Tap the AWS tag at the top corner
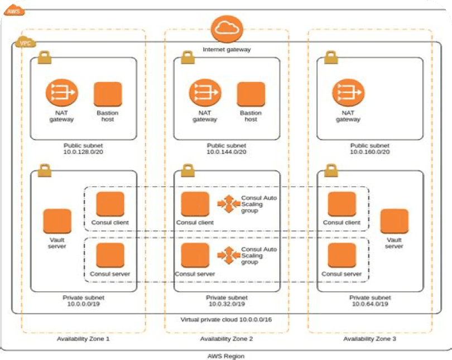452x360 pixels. [x=13, y=11]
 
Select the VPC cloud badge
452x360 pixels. [x=24, y=42]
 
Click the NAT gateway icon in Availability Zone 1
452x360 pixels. [x=61, y=93]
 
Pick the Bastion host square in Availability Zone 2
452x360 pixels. [x=251, y=94]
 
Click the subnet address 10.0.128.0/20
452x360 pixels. [x=83, y=152]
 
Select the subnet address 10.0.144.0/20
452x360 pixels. [x=227, y=152]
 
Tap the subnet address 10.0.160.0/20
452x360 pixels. [x=370, y=152]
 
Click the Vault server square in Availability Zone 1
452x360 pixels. [x=57, y=222]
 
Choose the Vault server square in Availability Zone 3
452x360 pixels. [x=394, y=222]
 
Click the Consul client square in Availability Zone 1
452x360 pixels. [x=110, y=204]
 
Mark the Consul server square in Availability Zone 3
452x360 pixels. [x=342, y=256]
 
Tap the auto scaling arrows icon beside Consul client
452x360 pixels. [x=228, y=204]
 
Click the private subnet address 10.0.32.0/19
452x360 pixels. [x=227, y=305]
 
